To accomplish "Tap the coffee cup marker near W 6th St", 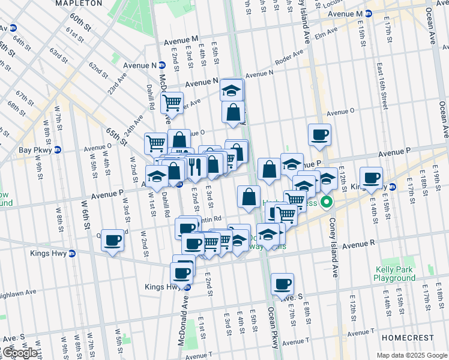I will (x=112, y=241).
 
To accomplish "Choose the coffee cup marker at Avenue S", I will (x=282, y=284).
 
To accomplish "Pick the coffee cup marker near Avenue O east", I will (x=320, y=135).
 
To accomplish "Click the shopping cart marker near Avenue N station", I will (x=172, y=103).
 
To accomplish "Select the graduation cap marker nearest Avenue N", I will (x=231, y=91).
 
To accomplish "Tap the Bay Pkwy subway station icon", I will (x=58, y=149).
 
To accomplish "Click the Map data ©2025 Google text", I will (x=412, y=355).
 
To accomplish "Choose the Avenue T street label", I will (x=295, y=341).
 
